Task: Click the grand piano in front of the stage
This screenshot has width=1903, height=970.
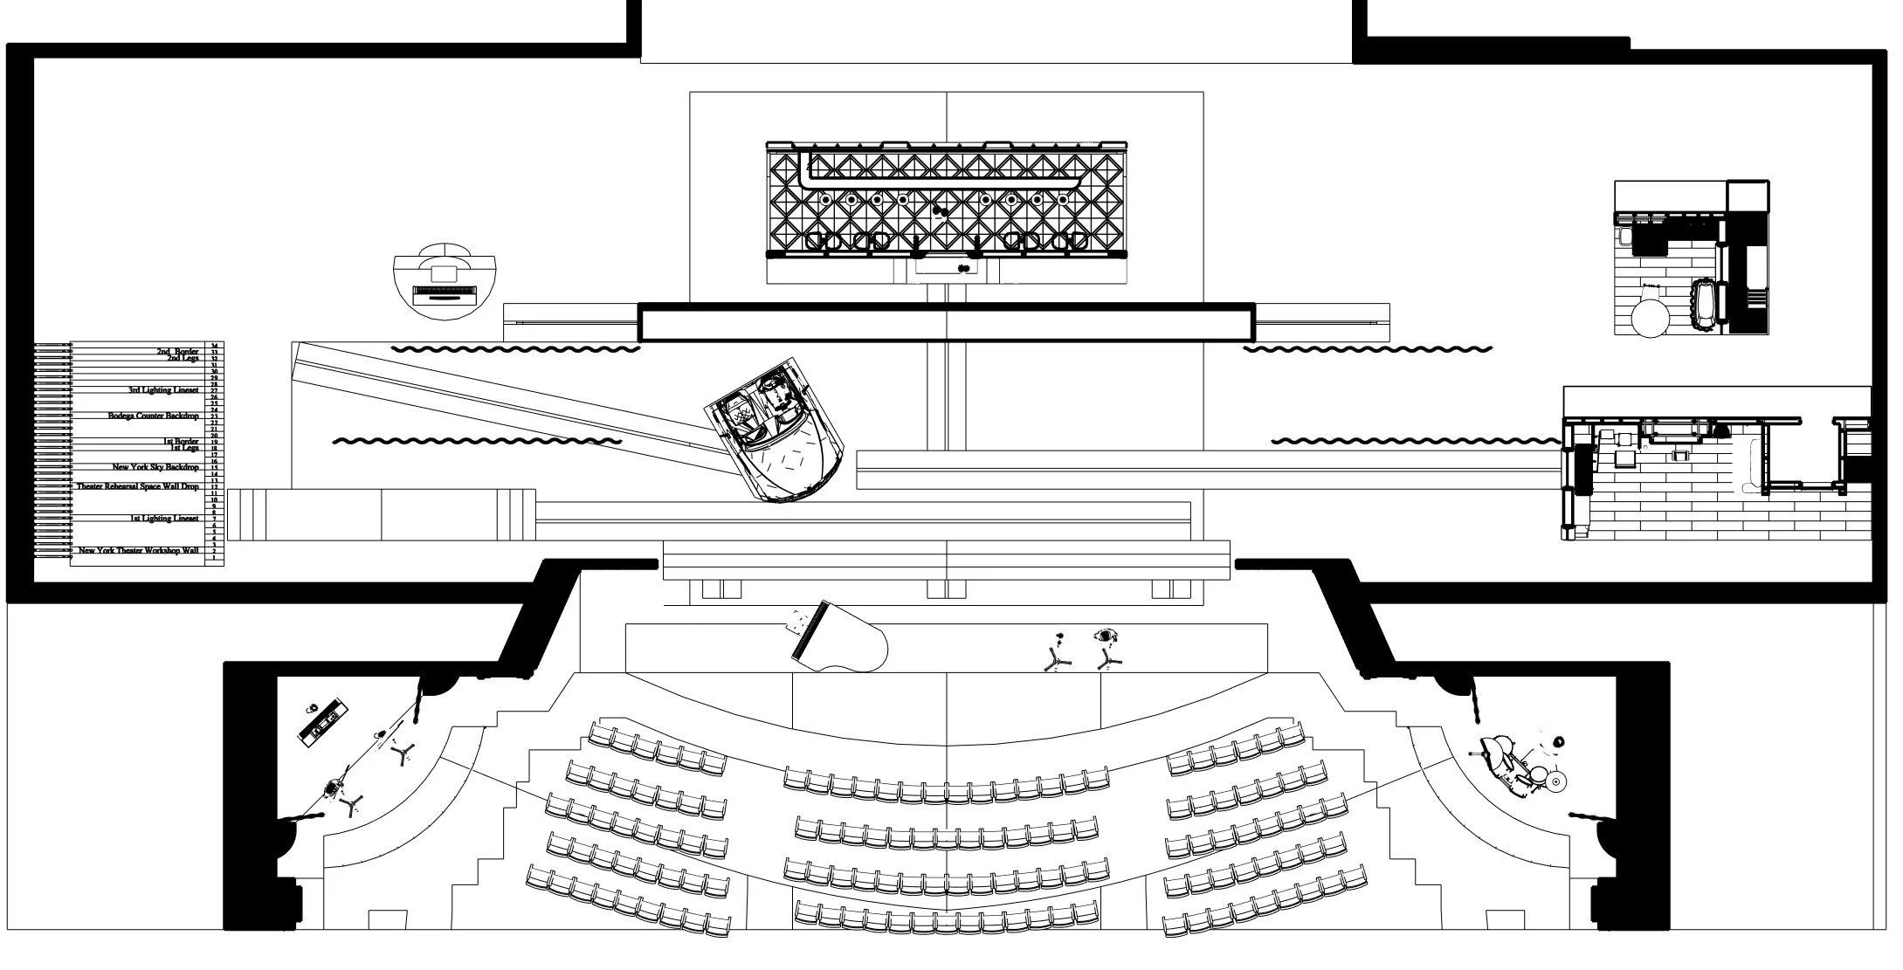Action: click(x=838, y=638)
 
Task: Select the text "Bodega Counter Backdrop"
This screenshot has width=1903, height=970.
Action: click(x=154, y=416)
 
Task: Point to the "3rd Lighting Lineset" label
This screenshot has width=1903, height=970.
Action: click(x=163, y=390)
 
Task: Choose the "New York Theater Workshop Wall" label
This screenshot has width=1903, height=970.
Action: click(x=139, y=551)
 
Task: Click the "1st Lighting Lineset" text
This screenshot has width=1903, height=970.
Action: click(x=164, y=519)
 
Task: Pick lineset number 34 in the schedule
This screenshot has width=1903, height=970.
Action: click(x=214, y=347)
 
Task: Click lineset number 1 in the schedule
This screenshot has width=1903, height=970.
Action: click(x=214, y=558)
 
